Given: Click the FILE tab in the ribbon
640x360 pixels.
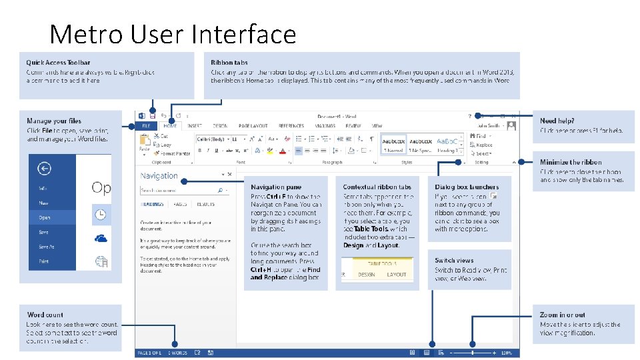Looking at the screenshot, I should pyautogui.click(x=146, y=125).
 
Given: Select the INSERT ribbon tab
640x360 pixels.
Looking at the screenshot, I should pyautogui.click(x=194, y=125).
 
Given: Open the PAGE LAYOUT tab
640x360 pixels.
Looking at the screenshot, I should pyautogui.click(x=253, y=125).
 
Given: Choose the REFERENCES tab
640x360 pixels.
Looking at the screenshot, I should pyautogui.click(x=291, y=125).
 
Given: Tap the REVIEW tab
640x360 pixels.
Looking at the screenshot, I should pyautogui.click(x=353, y=125).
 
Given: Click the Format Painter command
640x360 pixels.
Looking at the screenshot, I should pyautogui.click(x=174, y=153).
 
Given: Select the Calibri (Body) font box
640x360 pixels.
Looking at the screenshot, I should pyautogui.click(x=211, y=139).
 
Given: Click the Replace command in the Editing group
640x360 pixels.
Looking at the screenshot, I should pyautogui.click(x=483, y=145).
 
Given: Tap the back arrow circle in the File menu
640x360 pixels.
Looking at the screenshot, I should pyautogui.click(x=45, y=169).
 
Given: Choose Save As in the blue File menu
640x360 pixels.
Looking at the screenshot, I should pyautogui.click(x=44, y=247).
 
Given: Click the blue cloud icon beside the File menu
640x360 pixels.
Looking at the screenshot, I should pyautogui.click(x=101, y=238).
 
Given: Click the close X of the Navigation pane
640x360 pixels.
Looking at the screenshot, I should pyautogui.click(x=230, y=175).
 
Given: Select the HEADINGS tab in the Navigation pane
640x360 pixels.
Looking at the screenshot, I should pyautogui.click(x=153, y=204).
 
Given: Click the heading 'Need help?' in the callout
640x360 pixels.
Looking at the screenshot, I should pyautogui.click(x=557, y=121).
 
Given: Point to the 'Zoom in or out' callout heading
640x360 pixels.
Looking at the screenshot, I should pyautogui.click(x=562, y=315).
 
